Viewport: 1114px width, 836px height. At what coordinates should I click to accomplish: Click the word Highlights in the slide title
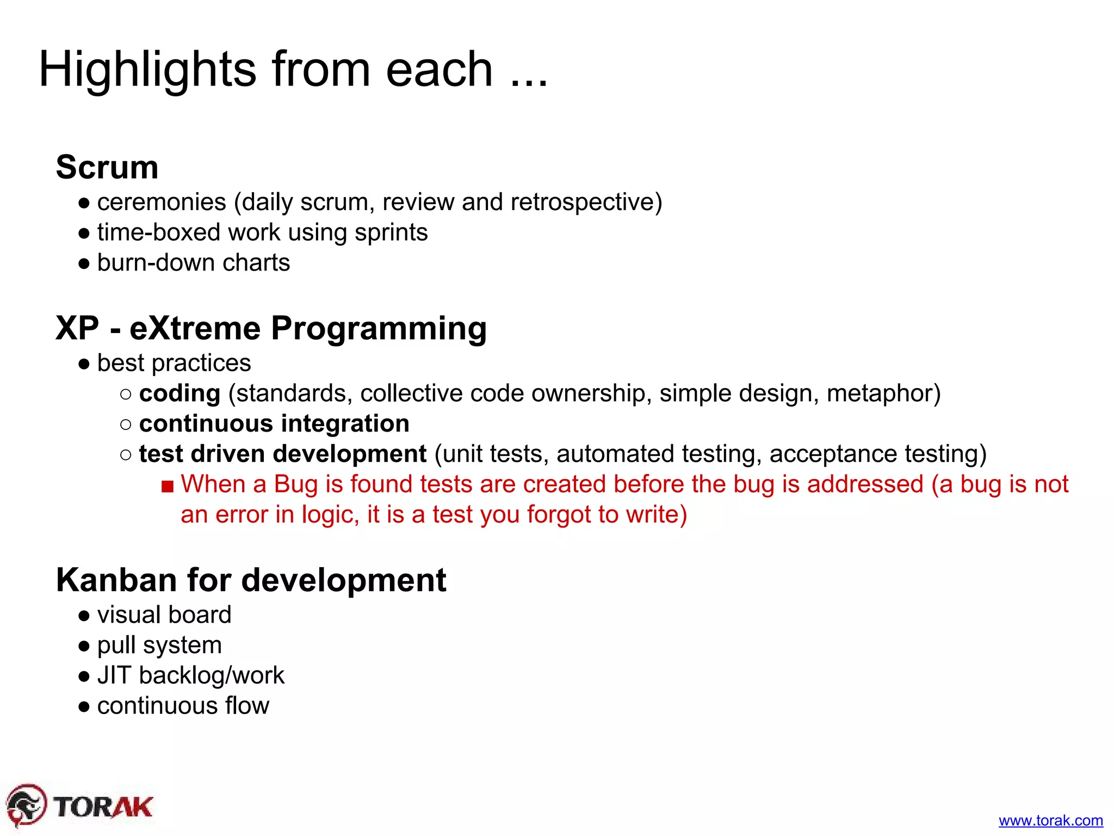147,69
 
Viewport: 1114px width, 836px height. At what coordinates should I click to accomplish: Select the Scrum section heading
107,167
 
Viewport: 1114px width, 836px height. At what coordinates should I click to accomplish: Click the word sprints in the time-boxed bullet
391,233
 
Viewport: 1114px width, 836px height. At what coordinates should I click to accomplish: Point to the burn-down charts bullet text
193,263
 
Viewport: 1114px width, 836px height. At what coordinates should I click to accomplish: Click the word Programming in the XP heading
379,329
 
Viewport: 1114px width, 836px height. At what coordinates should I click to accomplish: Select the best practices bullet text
174,363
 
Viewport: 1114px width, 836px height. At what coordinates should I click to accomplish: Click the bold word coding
180,394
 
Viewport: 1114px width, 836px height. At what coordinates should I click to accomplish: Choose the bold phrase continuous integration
274,424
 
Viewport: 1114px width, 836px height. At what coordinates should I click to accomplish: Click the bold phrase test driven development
282,454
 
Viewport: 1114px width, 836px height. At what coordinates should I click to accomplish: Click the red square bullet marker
168,486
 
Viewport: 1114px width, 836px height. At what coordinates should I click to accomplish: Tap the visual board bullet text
164,615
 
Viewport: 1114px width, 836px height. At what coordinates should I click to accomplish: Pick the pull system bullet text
159,646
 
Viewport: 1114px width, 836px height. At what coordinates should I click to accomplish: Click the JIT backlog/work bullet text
190,675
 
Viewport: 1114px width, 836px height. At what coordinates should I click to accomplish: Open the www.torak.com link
1050,820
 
